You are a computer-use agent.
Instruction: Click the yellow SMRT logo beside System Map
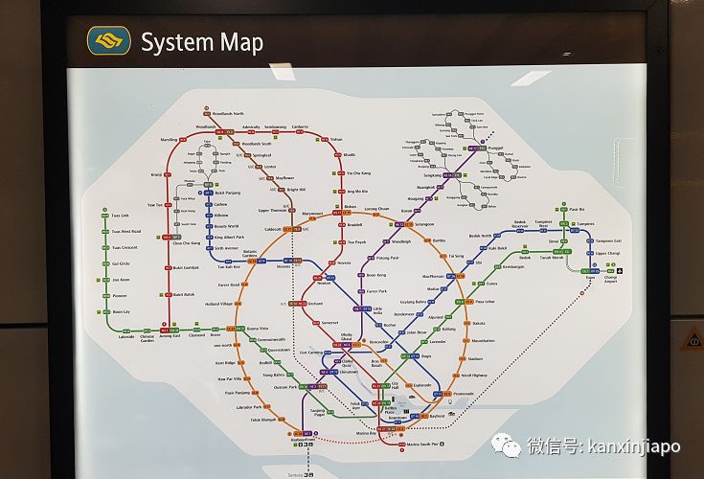108,40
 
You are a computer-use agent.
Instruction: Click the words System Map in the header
201,42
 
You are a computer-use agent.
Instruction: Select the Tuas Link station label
120,216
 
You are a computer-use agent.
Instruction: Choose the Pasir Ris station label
577,209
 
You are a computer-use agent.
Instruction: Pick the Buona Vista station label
258,329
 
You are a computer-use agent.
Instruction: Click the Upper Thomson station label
272,210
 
